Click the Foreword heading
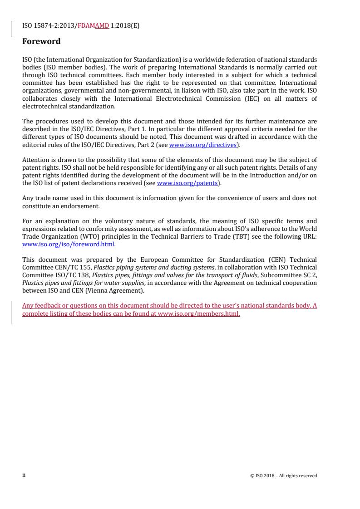[41, 41]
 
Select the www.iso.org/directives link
[203, 145]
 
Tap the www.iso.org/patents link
[187, 183]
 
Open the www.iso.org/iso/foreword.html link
[69, 244]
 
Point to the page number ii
[24, 475]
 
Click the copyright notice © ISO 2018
[283, 475]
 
